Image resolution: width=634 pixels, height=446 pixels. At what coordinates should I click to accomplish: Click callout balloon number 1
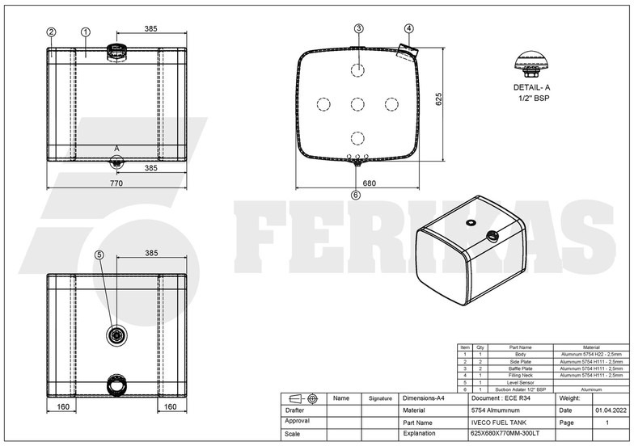[85, 32]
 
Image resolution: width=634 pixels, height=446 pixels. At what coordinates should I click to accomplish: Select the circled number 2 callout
[51, 32]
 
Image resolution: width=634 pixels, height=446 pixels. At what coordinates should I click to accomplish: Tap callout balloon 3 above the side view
[358, 28]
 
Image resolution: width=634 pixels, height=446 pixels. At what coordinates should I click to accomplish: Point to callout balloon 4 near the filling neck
[408, 28]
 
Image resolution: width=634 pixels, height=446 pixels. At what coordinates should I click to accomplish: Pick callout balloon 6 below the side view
[356, 195]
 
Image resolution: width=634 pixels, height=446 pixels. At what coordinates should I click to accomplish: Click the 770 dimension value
[116, 183]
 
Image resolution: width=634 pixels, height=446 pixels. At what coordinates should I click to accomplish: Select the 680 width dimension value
[370, 183]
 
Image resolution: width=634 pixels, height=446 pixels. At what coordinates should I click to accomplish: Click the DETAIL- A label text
[531, 86]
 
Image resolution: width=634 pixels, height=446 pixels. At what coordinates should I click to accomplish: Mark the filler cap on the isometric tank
[490, 237]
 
